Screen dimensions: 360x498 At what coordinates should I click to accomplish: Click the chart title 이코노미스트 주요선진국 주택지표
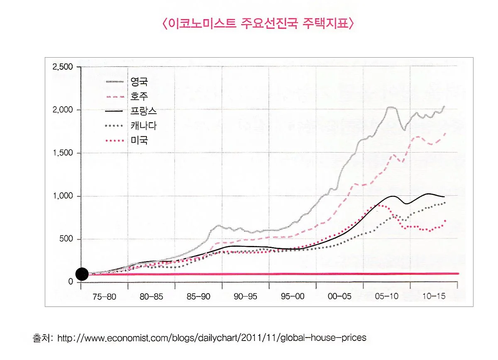[x=257, y=24]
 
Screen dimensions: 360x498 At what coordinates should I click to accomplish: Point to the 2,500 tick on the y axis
[x=63, y=67]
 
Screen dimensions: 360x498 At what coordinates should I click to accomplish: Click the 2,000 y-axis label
[x=63, y=110]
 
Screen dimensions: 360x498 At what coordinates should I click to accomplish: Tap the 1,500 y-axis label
[x=63, y=153]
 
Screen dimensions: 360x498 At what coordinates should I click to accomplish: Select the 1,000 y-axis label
[x=63, y=196]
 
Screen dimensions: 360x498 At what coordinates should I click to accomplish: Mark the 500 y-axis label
[x=66, y=239]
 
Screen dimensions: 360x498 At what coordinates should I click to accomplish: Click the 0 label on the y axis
[x=71, y=282]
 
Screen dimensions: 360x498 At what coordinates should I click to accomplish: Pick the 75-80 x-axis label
[x=105, y=297]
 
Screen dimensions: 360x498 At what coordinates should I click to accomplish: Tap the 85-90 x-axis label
[x=198, y=297]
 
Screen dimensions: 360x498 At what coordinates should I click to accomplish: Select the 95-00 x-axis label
[x=292, y=297]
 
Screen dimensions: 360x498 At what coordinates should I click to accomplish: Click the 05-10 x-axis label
[x=386, y=297]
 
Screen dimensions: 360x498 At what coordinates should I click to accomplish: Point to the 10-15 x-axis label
[x=433, y=297]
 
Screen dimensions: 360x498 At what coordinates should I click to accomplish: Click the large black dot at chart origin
[x=82, y=274]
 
